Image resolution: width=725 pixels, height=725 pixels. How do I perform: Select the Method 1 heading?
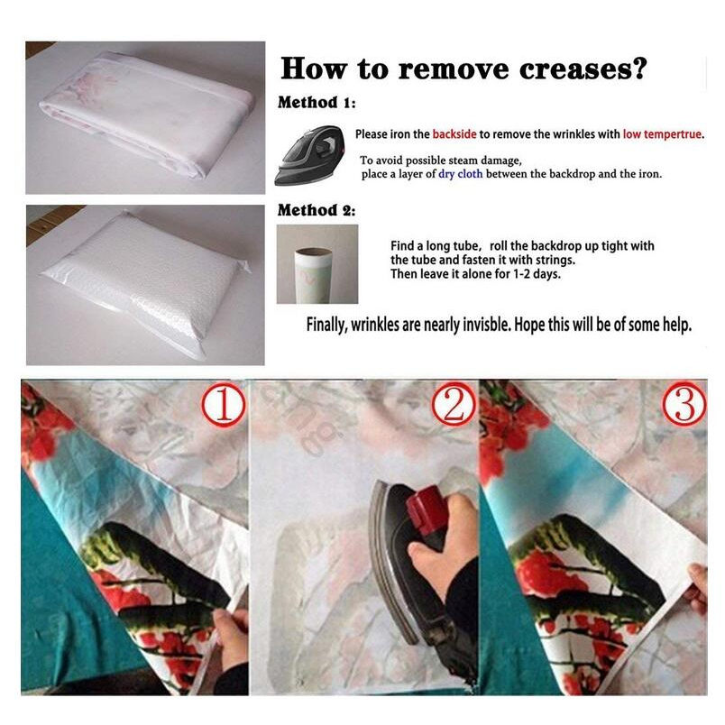coord(317,102)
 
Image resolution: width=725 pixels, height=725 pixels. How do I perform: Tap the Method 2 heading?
coord(317,210)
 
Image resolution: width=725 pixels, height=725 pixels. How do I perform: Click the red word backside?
coord(454,134)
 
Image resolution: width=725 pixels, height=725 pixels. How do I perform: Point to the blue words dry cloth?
coord(461,174)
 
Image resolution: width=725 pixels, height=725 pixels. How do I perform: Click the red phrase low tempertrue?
coord(663,134)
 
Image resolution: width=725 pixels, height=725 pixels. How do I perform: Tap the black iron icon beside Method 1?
coord(310,155)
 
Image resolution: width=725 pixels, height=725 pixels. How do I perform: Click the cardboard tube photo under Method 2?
coord(317,264)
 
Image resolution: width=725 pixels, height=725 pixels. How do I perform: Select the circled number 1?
coord(224,406)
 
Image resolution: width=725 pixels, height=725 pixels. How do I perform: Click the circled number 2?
coord(453,405)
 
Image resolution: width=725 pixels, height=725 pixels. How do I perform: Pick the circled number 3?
coord(684,404)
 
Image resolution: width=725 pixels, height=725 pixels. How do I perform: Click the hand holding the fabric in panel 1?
coord(231,638)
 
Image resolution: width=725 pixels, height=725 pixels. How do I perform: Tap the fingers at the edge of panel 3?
coord(697,586)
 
